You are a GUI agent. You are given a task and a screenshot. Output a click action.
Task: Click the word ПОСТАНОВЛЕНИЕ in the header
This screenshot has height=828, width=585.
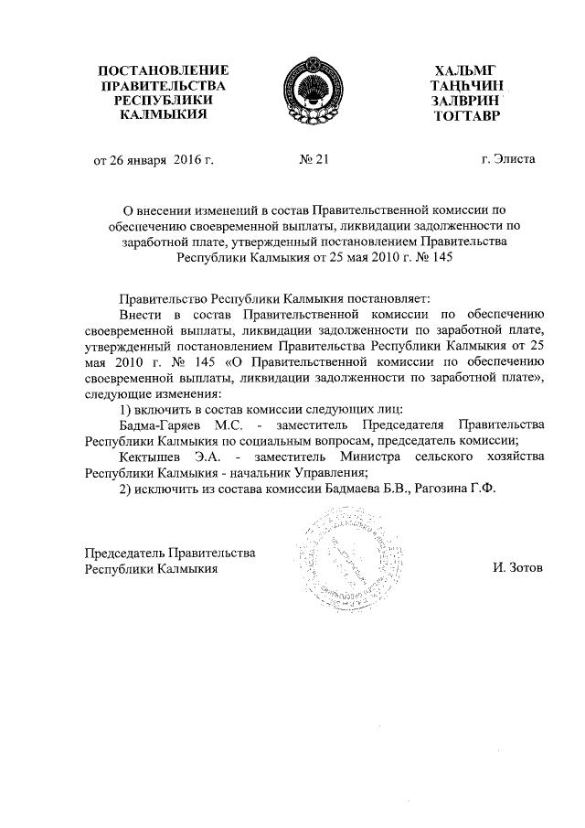163,70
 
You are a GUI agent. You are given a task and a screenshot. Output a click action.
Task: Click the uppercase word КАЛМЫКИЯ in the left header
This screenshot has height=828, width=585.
163,116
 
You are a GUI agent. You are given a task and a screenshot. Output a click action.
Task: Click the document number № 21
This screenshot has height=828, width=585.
313,159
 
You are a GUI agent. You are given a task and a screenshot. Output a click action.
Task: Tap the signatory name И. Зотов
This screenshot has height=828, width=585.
516,567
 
